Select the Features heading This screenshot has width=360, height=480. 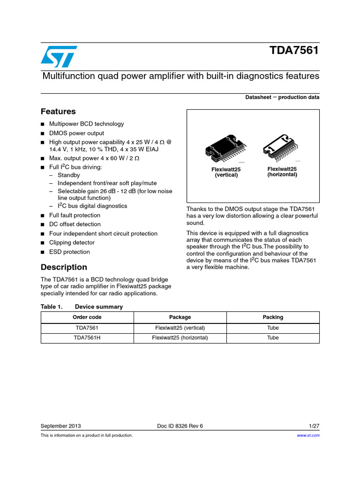[x=58, y=112]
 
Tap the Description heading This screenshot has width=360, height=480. [x=64, y=267]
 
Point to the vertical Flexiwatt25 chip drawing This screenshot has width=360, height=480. [x=226, y=148]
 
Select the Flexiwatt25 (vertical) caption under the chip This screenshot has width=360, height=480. [x=226, y=172]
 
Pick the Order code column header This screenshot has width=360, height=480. [x=87, y=317]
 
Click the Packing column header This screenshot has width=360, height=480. [x=273, y=317]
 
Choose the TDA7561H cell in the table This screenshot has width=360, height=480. [x=87, y=337]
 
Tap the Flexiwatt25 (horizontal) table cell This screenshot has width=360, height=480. [x=180, y=337]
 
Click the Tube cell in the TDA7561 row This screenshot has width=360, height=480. [x=273, y=328]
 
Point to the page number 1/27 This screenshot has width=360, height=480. [x=314, y=426]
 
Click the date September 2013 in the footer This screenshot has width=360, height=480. [x=61, y=426]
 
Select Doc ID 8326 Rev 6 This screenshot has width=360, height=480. [x=180, y=426]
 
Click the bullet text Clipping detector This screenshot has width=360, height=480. [x=72, y=242]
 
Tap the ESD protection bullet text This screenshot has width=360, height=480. [x=69, y=252]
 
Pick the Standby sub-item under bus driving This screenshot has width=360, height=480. [x=69, y=175]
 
